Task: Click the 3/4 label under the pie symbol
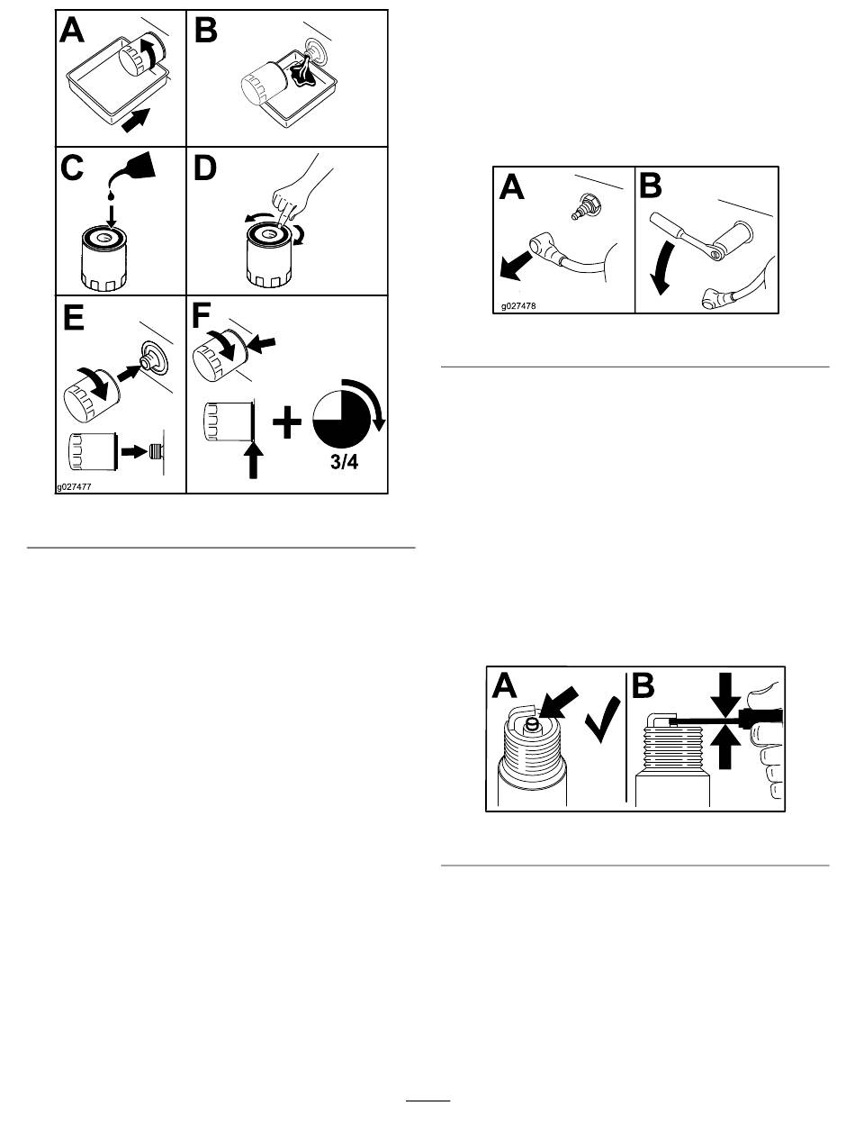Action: [345, 462]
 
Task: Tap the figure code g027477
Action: [74, 487]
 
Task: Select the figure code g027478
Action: [518, 306]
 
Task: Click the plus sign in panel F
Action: [287, 422]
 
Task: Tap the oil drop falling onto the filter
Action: [111, 195]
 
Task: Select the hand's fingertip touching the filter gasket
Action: [282, 222]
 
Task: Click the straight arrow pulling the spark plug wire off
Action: [516, 267]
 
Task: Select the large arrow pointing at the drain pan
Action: [136, 121]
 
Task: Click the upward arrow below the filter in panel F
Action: [253, 460]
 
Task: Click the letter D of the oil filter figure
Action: [205, 168]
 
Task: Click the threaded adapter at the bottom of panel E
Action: [157, 451]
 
